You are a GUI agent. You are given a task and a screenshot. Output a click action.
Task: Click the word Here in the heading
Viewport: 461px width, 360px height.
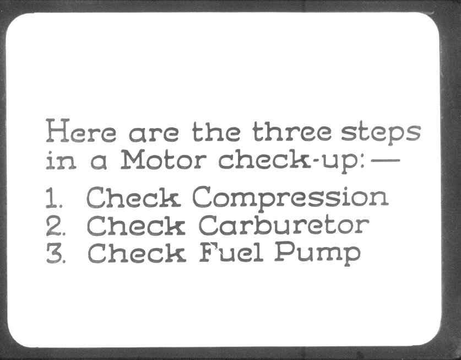pos(81,131)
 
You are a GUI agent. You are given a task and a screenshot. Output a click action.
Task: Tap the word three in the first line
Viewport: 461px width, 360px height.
pos(292,131)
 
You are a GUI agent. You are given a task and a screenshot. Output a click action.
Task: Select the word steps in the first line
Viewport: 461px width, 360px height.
pos(381,133)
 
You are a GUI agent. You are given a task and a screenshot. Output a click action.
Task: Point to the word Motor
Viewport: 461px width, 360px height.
pos(164,159)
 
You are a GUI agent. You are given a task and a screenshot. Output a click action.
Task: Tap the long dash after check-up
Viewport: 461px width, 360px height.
pos(386,160)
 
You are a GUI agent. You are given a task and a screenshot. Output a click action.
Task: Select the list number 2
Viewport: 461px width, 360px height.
pos(55,226)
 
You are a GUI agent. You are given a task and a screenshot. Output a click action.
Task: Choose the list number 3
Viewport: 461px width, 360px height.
pos(56,253)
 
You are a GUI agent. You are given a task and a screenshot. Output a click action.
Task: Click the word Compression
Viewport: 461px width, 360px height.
pos(290,198)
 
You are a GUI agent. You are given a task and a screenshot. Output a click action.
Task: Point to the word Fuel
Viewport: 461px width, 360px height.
pos(231,252)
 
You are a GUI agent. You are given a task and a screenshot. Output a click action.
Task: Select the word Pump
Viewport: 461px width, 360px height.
pos(318,254)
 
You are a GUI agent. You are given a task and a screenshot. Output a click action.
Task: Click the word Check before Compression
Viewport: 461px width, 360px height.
pos(133,197)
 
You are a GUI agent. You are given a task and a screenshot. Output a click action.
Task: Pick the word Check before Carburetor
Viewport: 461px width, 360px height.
pos(136,225)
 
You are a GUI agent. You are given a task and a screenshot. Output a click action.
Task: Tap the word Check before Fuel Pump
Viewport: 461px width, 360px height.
pos(137,252)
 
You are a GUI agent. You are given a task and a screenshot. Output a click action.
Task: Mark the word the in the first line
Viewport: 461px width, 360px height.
pos(216,131)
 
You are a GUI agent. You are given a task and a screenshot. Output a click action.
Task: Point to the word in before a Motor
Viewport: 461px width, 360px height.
pos(61,161)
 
